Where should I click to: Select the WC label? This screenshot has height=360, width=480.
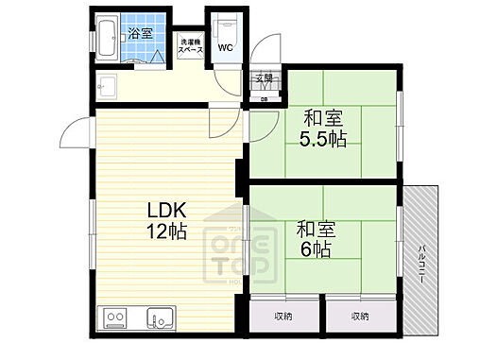pos(226,48)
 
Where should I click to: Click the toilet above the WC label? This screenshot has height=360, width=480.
pos(227,26)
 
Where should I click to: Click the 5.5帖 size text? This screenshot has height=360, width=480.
pos(322,140)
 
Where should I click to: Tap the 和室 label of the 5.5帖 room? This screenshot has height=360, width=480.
pos(321,118)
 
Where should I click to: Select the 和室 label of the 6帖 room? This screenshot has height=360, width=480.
pos(316,230)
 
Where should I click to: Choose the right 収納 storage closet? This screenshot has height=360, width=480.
pos(359,316)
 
